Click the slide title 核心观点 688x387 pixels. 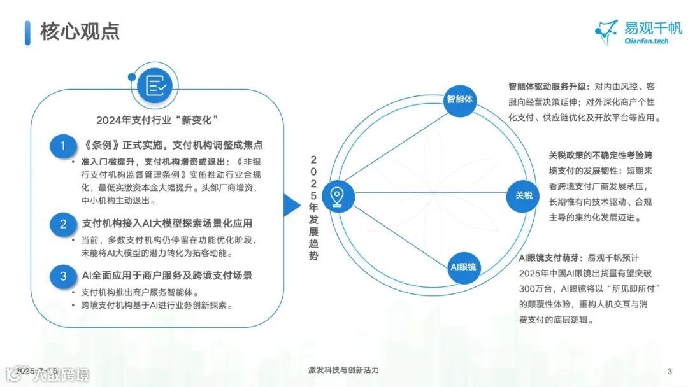[x=80, y=31]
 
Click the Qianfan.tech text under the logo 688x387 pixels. [x=645, y=41]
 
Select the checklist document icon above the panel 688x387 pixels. [x=156, y=85]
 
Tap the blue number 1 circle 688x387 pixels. [x=63, y=146]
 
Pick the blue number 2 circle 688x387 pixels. [x=63, y=224]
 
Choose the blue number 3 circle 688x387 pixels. [x=63, y=276]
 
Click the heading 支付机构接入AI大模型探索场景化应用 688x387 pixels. [x=167, y=223]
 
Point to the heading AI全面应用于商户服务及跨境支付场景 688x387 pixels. [x=167, y=276]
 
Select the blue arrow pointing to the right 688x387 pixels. [x=292, y=204]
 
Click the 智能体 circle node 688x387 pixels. [x=461, y=99]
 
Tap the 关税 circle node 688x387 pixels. [x=524, y=195]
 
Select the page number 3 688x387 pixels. [x=669, y=371]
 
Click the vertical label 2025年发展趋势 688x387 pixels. [x=313, y=208]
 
